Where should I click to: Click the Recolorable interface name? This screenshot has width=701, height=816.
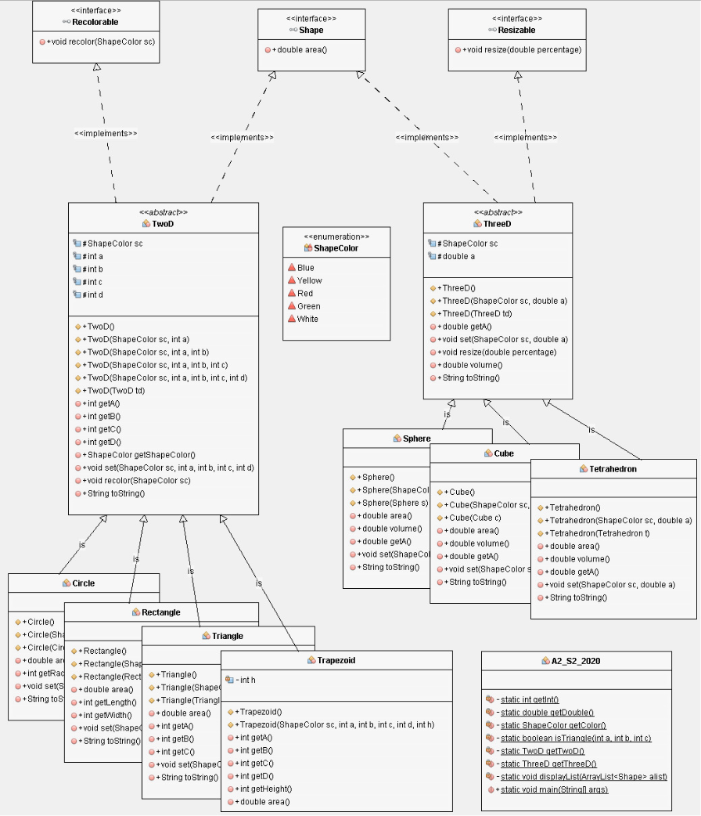[95, 22]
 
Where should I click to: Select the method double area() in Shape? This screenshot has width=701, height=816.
[300, 49]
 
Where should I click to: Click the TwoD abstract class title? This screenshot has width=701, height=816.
[163, 223]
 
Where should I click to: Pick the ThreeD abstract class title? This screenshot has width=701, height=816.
[498, 223]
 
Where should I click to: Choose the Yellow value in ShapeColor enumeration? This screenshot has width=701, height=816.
[309, 280]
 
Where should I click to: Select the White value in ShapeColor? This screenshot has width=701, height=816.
[307, 319]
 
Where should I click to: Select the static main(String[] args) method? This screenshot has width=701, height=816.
[554, 789]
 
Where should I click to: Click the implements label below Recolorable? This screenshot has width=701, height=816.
[106, 133]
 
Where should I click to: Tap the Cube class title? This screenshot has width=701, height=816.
[504, 453]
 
